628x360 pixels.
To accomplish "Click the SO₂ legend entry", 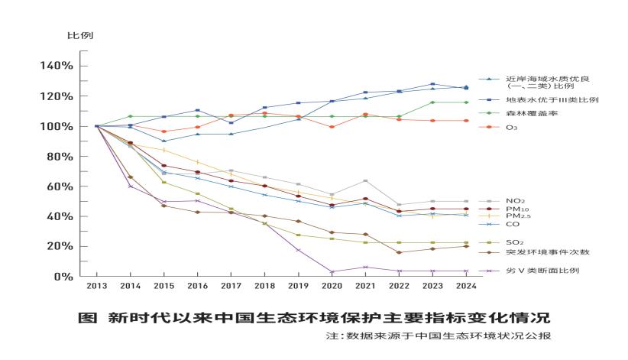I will tap(515, 242).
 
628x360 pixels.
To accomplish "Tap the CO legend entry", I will tap(512, 224).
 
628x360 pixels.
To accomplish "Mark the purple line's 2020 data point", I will tap(332, 271).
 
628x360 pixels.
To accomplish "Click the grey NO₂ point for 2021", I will tap(365, 181).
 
